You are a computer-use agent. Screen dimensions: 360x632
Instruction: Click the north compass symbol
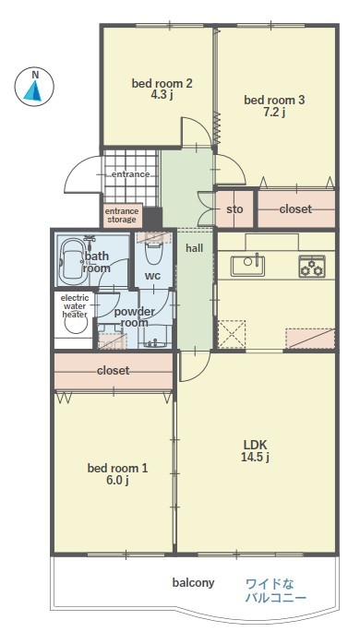coord(34,87)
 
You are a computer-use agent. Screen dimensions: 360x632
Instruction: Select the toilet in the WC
coord(153,250)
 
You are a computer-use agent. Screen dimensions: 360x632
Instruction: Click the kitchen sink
coord(247,266)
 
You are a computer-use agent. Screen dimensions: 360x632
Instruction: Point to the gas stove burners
coord(312,266)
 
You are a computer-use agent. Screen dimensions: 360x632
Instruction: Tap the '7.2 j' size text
coord(274,113)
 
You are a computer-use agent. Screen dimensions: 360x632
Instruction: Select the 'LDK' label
coord(255,445)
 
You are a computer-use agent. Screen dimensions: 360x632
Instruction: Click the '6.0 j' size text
coord(118,481)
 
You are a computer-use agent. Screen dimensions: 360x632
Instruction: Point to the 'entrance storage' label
coord(122,215)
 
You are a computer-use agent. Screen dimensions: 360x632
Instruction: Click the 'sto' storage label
coord(234,209)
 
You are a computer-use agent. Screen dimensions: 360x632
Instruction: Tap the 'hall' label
coord(195,248)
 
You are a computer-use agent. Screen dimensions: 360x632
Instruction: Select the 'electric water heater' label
coord(75,306)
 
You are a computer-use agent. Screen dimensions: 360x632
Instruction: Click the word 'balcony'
coord(194,582)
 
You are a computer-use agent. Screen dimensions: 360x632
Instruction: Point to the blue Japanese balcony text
coord(276,590)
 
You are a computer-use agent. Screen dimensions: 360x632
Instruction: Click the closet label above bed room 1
coord(114,370)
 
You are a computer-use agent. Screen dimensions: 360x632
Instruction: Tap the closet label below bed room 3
coord(295,209)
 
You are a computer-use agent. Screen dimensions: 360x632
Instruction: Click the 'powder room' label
coord(134,316)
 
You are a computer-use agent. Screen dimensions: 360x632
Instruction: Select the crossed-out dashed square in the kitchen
coord(232,334)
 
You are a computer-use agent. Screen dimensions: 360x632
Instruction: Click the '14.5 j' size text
coord(255,458)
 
